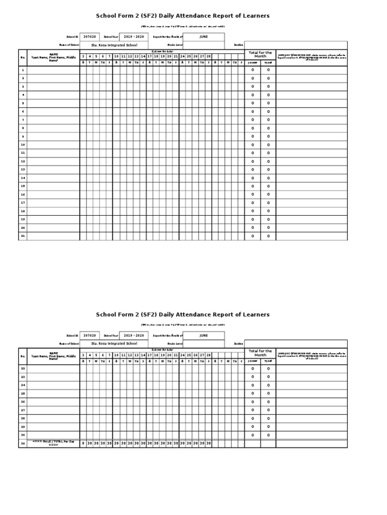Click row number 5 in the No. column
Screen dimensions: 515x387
[x=23, y=103]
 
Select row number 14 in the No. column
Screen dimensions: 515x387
[x=23, y=178]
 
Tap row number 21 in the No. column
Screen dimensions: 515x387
[x=23, y=236]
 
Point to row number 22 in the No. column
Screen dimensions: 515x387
[x=23, y=369]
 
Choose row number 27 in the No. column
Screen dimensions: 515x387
[x=23, y=410]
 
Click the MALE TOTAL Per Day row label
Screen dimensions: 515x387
[x=53, y=444]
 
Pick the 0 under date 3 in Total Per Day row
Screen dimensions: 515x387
[x=83, y=444]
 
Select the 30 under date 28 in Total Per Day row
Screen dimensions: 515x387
[x=209, y=444]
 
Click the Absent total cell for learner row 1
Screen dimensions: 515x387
[x=252, y=70]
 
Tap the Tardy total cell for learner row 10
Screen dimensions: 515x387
[x=268, y=145]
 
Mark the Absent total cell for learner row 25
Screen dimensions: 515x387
[x=252, y=393]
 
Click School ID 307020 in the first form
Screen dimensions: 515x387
[x=90, y=37]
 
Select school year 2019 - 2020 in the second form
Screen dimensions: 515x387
[x=134, y=335]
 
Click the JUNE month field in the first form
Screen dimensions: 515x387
[x=204, y=37]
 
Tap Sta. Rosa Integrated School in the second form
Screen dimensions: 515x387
[x=114, y=344]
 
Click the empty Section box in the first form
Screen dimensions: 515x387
[x=296, y=45]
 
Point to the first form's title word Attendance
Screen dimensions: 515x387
[x=193, y=16]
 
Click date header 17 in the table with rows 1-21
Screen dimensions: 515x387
[x=149, y=56]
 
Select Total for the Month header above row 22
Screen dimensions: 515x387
[x=260, y=353]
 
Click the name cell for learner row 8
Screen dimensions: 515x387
[x=53, y=128]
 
